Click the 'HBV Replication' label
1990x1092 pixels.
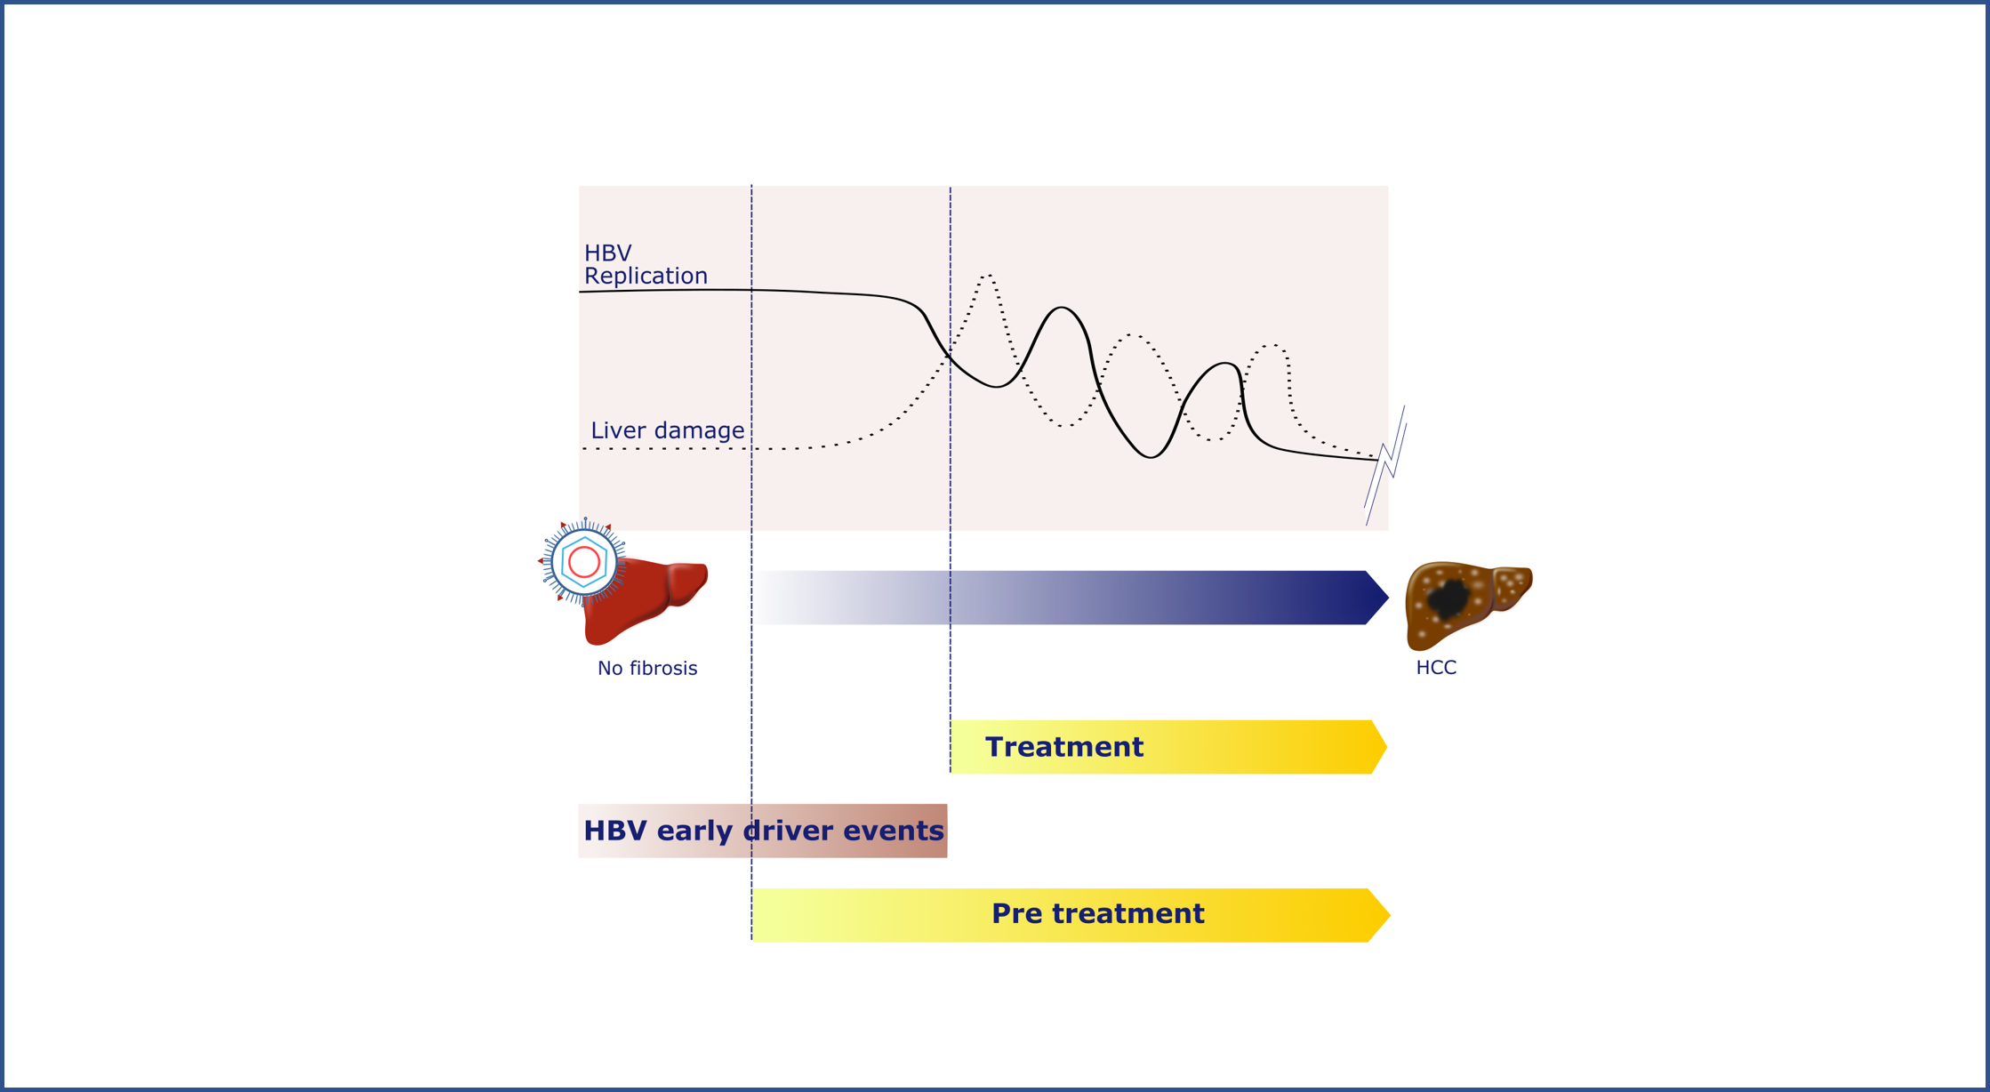click(645, 265)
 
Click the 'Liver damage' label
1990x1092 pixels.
click(667, 430)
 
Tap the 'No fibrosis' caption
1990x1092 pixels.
click(646, 669)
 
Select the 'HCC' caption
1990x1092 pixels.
click(1435, 668)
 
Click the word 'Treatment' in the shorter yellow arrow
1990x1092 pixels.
click(1063, 747)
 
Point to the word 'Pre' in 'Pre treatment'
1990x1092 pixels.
click(1015, 914)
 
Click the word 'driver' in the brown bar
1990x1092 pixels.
click(786, 831)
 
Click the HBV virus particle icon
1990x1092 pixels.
click(583, 562)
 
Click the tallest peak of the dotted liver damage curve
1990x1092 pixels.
click(987, 276)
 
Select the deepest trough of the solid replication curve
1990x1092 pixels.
click(1151, 457)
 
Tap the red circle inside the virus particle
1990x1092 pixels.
click(583, 562)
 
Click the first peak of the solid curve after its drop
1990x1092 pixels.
click(1061, 308)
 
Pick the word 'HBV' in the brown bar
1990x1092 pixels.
click(615, 831)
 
